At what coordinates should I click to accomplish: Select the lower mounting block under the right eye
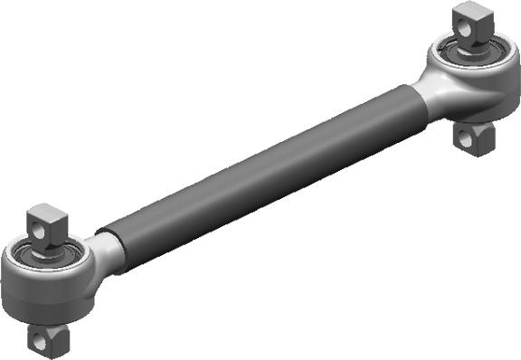(x=472, y=137)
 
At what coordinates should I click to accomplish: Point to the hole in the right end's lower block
(x=468, y=137)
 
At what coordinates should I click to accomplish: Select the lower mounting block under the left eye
(x=46, y=339)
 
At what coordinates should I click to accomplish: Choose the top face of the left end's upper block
(x=44, y=212)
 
